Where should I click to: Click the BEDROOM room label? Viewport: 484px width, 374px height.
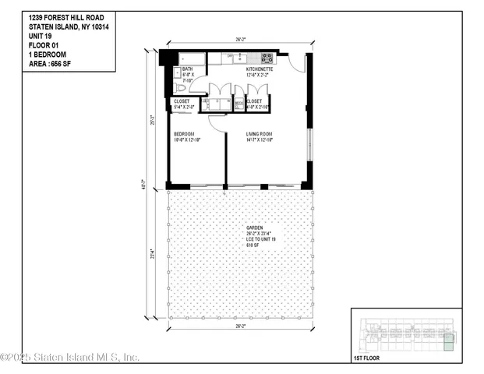(x=184, y=133)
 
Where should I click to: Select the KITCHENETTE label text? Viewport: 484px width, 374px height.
(x=260, y=69)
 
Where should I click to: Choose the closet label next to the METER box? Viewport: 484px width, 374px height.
(x=254, y=101)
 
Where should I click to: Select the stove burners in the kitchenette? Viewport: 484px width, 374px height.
(x=267, y=57)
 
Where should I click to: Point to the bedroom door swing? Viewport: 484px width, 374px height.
(x=217, y=123)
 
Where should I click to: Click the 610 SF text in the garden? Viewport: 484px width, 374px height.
(x=253, y=244)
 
